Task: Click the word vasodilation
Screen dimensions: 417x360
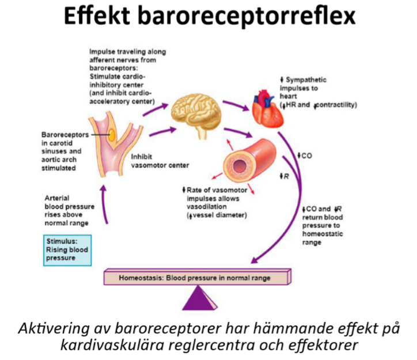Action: [208, 206]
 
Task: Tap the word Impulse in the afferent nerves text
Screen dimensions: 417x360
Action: [101, 51]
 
